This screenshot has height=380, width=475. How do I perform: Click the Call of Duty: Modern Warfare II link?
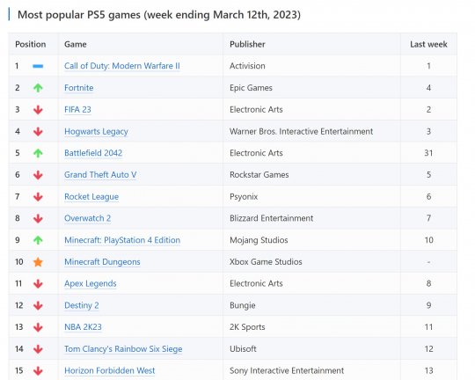[122, 66]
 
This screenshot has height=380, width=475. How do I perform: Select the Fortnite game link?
[79, 88]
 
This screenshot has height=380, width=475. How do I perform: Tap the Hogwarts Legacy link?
[96, 132]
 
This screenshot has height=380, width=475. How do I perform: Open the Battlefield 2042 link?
[93, 153]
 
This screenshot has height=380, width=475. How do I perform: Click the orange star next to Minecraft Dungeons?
[38, 262]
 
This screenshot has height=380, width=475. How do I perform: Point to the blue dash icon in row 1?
[38, 66]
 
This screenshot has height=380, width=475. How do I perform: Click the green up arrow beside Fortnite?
[38, 88]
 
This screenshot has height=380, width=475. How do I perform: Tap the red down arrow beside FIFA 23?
[38, 110]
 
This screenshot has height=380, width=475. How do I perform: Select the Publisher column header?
[247, 44]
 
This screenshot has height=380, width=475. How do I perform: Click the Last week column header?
[428, 44]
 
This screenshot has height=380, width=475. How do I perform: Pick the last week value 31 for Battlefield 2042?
[428, 153]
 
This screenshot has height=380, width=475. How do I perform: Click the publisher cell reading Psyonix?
[244, 197]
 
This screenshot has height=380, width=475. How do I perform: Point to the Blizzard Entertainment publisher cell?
[272, 218]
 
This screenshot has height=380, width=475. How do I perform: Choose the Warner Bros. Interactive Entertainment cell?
[302, 131]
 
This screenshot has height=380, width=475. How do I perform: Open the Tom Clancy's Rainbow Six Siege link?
[123, 349]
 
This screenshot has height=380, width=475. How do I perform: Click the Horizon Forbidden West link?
[110, 370]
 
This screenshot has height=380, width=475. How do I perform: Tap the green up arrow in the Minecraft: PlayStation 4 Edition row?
[38, 240]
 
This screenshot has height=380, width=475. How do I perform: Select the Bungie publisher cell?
[243, 305]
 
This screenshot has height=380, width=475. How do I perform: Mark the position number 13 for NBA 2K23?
[18, 327]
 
